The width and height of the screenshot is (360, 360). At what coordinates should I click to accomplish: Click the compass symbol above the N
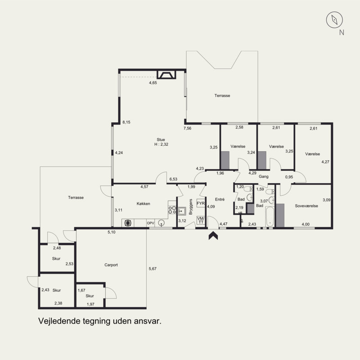[334, 20]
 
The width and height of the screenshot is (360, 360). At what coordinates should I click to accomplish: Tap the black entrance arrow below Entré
[213, 235]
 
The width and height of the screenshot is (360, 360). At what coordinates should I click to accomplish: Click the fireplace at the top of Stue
[166, 75]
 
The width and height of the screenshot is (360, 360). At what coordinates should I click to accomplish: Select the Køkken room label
[143, 204]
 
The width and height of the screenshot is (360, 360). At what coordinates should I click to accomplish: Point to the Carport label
[111, 265]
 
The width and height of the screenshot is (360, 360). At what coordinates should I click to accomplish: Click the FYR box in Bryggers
[201, 203]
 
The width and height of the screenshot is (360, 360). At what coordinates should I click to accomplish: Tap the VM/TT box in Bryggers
[201, 220]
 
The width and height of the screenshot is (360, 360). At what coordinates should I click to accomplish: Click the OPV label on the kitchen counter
[151, 223]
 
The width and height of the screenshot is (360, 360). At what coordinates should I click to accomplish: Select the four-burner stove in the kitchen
[172, 210]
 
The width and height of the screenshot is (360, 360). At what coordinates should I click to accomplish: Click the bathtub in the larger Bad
[270, 216]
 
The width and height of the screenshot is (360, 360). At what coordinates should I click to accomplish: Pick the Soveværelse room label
[306, 206]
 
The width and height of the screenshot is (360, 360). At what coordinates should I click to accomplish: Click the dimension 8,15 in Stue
[126, 122]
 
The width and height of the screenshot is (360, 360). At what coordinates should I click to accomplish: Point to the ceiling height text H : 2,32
[162, 144]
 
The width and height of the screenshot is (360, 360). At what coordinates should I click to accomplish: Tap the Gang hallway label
[264, 176]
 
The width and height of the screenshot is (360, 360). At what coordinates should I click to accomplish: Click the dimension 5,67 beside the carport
[153, 269]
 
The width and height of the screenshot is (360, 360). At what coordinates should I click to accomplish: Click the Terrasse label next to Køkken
[76, 198]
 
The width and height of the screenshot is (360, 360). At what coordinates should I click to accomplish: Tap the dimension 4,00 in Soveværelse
[306, 224]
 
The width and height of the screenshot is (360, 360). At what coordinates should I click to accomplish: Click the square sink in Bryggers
[182, 211]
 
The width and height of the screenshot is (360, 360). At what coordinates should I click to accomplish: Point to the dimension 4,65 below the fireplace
[153, 83]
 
